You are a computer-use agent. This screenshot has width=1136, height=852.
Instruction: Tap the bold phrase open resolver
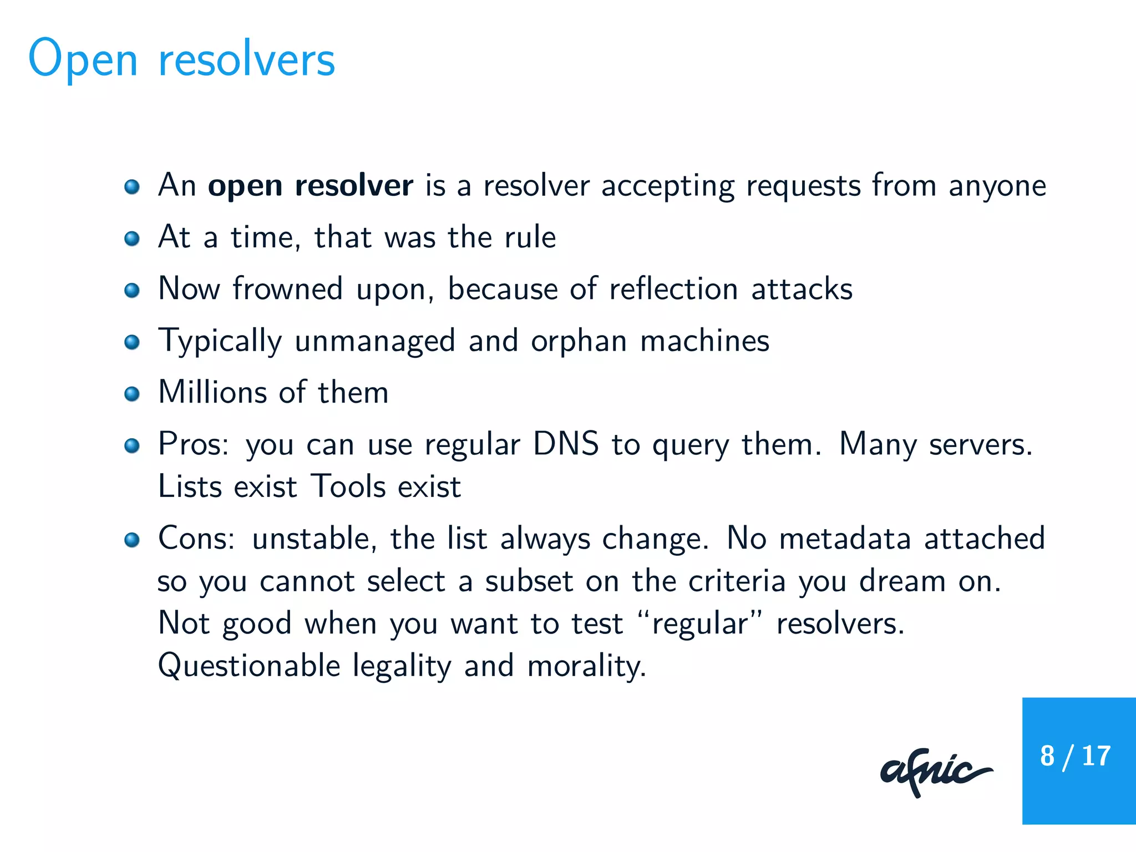tap(310, 186)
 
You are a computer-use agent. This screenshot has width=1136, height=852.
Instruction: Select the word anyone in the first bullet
tap(997, 186)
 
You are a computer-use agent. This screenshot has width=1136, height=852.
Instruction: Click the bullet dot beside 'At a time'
tap(131, 239)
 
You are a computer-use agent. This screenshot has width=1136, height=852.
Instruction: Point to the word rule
tap(530, 237)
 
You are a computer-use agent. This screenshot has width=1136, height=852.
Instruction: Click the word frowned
tap(287, 289)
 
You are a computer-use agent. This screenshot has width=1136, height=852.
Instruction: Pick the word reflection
tap(673, 289)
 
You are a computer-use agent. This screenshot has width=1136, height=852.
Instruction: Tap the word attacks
tap(802, 289)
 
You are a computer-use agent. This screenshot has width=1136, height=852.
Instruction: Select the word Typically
tap(220, 341)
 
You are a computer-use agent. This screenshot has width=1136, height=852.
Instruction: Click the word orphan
tap(579, 341)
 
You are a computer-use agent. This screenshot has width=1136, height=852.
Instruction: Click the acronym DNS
tap(566, 444)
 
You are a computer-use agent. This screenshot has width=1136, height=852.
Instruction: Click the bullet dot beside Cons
tap(131, 540)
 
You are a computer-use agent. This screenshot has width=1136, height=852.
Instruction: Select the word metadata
tap(845, 539)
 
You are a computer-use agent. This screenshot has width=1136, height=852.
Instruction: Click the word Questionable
tap(248, 666)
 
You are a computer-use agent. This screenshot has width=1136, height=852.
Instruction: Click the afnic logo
tap(936, 772)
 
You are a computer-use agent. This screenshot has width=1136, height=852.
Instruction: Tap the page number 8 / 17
tap(1075, 756)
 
